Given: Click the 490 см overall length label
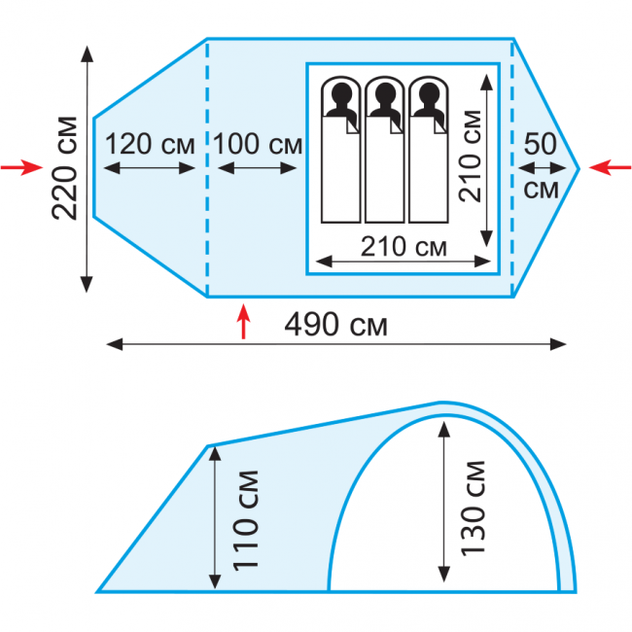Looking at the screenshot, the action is [x=335, y=325].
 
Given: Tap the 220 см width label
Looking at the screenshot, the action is [x=64, y=168].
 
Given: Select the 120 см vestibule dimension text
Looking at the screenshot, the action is [x=150, y=144].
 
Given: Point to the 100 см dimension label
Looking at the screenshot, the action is [x=258, y=144].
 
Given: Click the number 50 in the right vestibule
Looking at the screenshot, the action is [x=541, y=144].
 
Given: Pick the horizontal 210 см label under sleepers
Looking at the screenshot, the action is [x=404, y=246].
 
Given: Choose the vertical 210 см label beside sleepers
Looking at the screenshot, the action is [x=471, y=156].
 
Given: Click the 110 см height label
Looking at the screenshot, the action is [x=246, y=520].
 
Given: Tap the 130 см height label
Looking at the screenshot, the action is [x=474, y=509].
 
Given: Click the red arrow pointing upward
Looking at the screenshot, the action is [x=243, y=321].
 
